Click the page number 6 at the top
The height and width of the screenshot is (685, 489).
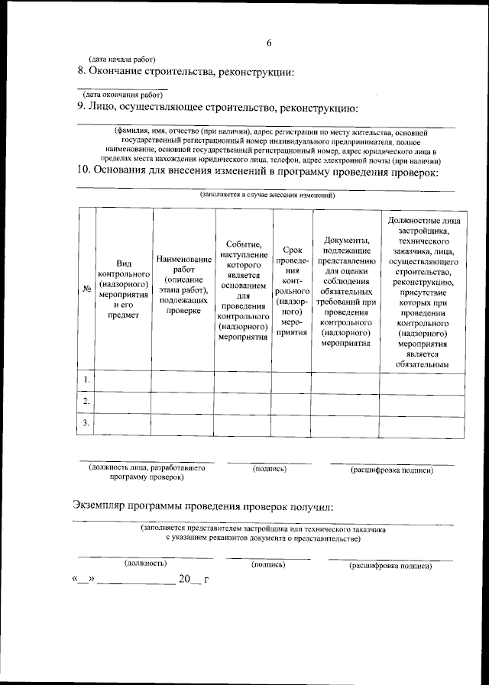pyautogui.click(x=269, y=43)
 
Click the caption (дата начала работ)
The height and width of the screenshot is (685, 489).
pyautogui.click(x=122, y=59)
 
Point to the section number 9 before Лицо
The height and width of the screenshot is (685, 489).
pyautogui.click(x=81, y=107)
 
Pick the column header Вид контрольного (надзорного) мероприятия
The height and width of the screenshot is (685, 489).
pyautogui.click(x=122, y=289)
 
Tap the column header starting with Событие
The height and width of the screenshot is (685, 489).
pyautogui.click(x=243, y=289)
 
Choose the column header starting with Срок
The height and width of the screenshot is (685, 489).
pyautogui.click(x=291, y=291)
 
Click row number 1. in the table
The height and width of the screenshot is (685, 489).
pyautogui.click(x=86, y=380)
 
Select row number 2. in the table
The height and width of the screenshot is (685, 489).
pyautogui.click(x=86, y=401)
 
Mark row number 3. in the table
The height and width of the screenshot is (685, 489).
pyautogui.click(x=86, y=422)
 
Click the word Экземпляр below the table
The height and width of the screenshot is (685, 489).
pyautogui.click(x=104, y=506)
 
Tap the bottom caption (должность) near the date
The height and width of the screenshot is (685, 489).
pyautogui.click(x=145, y=563)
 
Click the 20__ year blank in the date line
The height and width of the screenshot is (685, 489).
pyautogui.click(x=189, y=579)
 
